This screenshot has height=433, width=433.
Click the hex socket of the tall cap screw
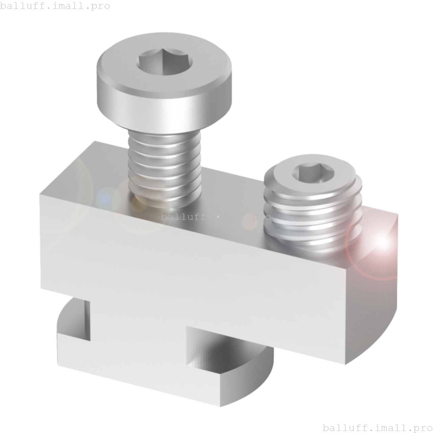pos(164,63)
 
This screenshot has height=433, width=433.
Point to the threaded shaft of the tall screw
pos(165,166)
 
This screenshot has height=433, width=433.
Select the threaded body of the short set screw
pos(313,220)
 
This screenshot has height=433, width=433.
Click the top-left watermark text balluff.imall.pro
pos(55,6)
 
